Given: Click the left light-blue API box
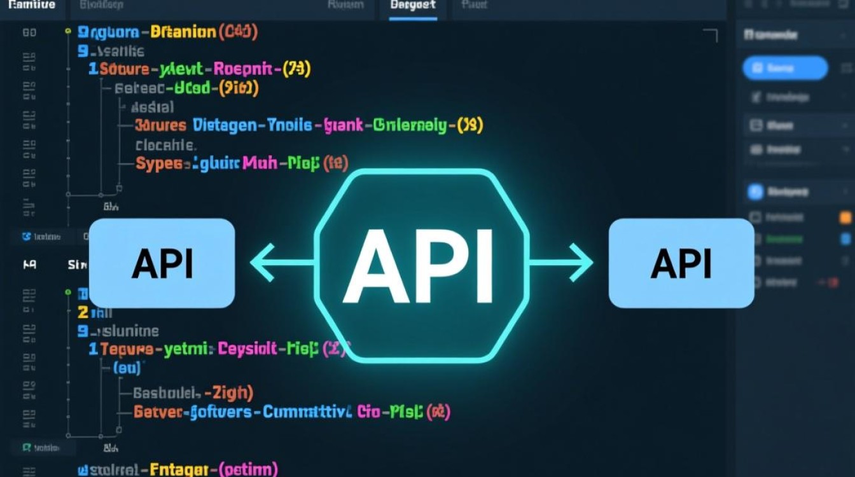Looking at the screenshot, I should (162, 263).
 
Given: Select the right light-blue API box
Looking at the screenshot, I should (681, 263).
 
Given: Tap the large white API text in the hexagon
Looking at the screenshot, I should (417, 265).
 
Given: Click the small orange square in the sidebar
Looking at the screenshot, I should (845, 218).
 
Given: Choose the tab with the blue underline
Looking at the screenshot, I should (413, 6).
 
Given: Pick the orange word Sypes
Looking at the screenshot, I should (159, 163).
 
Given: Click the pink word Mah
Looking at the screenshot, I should (259, 163).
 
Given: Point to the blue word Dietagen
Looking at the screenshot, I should (225, 125).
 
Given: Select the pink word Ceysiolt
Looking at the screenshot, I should (247, 349).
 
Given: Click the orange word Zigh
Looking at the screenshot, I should (232, 393).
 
